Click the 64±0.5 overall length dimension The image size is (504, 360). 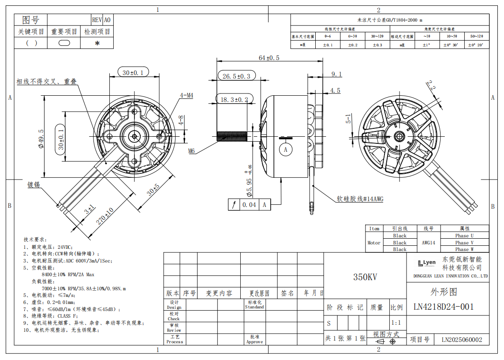269,58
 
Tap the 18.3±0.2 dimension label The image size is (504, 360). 234,100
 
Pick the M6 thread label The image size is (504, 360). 192,151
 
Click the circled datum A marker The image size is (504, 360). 286,150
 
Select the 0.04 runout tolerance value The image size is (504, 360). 249,205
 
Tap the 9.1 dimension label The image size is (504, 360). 336,74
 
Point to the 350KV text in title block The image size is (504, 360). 365,277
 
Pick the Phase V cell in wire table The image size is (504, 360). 464,243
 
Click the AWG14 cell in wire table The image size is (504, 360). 428,243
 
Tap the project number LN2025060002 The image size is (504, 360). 462,340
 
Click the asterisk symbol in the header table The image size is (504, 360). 97,43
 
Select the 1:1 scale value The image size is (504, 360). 396,323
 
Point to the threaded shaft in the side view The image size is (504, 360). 232,136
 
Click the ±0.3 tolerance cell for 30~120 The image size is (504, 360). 377,45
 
